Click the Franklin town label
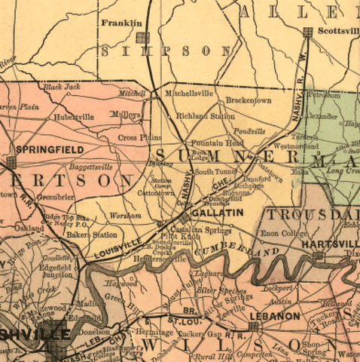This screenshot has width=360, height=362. [x=121, y=23]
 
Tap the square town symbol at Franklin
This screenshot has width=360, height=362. [x=142, y=36]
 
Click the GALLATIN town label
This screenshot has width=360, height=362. [x=218, y=213]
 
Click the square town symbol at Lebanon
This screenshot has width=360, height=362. [x=255, y=327]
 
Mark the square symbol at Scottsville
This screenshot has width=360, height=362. [x=307, y=32]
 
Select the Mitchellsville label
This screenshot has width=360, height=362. [x=190, y=94]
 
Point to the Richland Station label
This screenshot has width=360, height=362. [x=206, y=117]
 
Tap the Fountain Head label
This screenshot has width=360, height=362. [x=217, y=143]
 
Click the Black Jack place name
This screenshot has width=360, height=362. [x=61, y=87]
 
